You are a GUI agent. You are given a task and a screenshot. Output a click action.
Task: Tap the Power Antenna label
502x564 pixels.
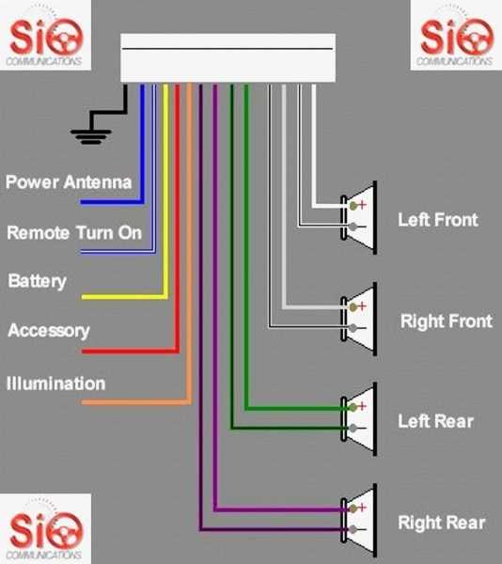(69, 181)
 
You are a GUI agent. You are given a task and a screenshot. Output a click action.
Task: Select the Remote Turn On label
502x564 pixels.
(74, 232)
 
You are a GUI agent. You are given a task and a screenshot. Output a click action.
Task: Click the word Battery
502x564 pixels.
(37, 281)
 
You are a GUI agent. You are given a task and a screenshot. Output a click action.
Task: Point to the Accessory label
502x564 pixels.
(49, 331)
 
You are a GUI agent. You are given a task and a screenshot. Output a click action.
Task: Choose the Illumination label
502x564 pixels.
(55, 384)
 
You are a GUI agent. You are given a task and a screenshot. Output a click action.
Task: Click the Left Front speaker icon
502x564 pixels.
(362, 216)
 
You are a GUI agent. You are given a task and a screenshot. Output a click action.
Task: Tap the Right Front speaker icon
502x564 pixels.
(362, 317)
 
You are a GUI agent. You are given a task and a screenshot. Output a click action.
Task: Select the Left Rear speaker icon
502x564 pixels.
(362, 417)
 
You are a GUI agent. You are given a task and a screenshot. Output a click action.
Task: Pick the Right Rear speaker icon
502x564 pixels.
(362, 519)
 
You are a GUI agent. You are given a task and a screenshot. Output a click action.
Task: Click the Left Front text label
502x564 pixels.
(437, 220)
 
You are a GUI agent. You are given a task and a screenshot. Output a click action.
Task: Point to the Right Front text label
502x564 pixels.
(446, 321)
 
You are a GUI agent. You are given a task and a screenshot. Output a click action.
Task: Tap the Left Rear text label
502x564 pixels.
(435, 421)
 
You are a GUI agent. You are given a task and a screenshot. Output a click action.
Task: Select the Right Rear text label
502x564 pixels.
(442, 523)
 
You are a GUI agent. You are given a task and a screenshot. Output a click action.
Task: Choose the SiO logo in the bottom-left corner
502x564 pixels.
(46, 528)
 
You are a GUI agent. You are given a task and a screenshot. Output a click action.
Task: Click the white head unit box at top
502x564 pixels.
(228, 58)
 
